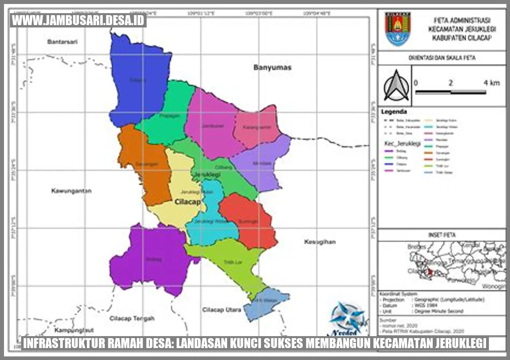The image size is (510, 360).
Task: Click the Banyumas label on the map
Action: (x=273, y=67)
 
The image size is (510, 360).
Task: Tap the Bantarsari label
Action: (x=62, y=41)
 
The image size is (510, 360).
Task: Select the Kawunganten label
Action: (x=71, y=191)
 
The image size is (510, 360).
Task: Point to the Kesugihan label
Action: (x=320, y=242)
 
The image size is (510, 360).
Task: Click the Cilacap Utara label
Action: (x=222, y=309)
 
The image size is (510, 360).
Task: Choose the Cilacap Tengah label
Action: (x=132, y=318)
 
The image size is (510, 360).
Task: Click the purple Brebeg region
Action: (x=151, y=259)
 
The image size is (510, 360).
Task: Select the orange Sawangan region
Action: (x=145, y=167)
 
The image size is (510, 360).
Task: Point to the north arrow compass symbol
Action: (x=396, y=86)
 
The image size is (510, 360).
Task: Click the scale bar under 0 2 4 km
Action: (x=450, y=92)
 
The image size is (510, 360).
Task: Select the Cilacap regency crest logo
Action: (x=397, y=29)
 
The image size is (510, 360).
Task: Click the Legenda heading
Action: (x=394, y=112)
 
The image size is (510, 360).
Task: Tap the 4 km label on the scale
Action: (x=491, y=83)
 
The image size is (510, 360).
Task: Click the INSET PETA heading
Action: (x=441, y=235)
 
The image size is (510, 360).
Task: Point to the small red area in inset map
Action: (x=430, y=272)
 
